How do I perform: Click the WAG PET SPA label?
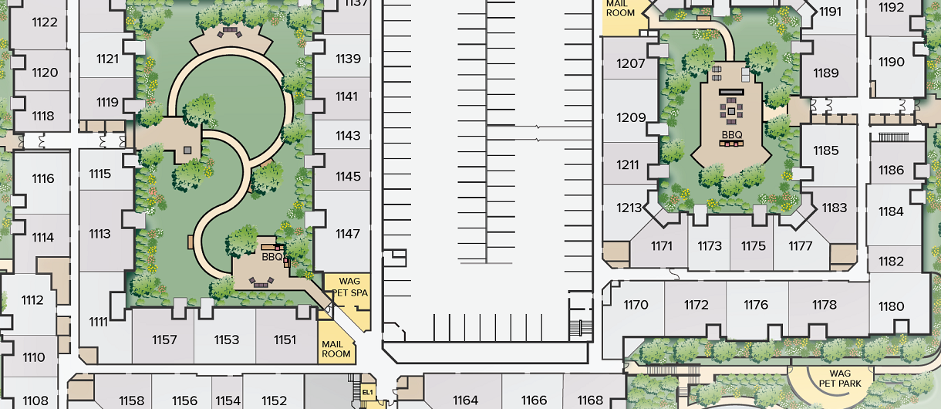tap(349, 287)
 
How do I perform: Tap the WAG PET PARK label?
tap(840, 378)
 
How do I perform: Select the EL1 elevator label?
tap(368, 392)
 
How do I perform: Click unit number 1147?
tap(348, 234)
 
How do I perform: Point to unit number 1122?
tap(45, 22)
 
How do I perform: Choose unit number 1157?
tap(164, 340)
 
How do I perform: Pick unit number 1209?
tap(631, 117)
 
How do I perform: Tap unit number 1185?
tap(826, 150)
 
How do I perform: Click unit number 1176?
tap(756, 305)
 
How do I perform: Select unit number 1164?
tap(465, 401)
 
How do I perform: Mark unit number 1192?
tap(891, 7)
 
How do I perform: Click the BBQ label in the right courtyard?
tap(732, 135)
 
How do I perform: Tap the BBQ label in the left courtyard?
tap(272, 256)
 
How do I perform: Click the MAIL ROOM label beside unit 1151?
tap(336, 350)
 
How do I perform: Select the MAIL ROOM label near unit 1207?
tap(620, 8)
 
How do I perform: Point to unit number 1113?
tap(99, 234)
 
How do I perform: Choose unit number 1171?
tap(662, 246)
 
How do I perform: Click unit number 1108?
tap(35, 401)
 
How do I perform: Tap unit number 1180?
tap(891, 306)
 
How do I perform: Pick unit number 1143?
tap(348, 135)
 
